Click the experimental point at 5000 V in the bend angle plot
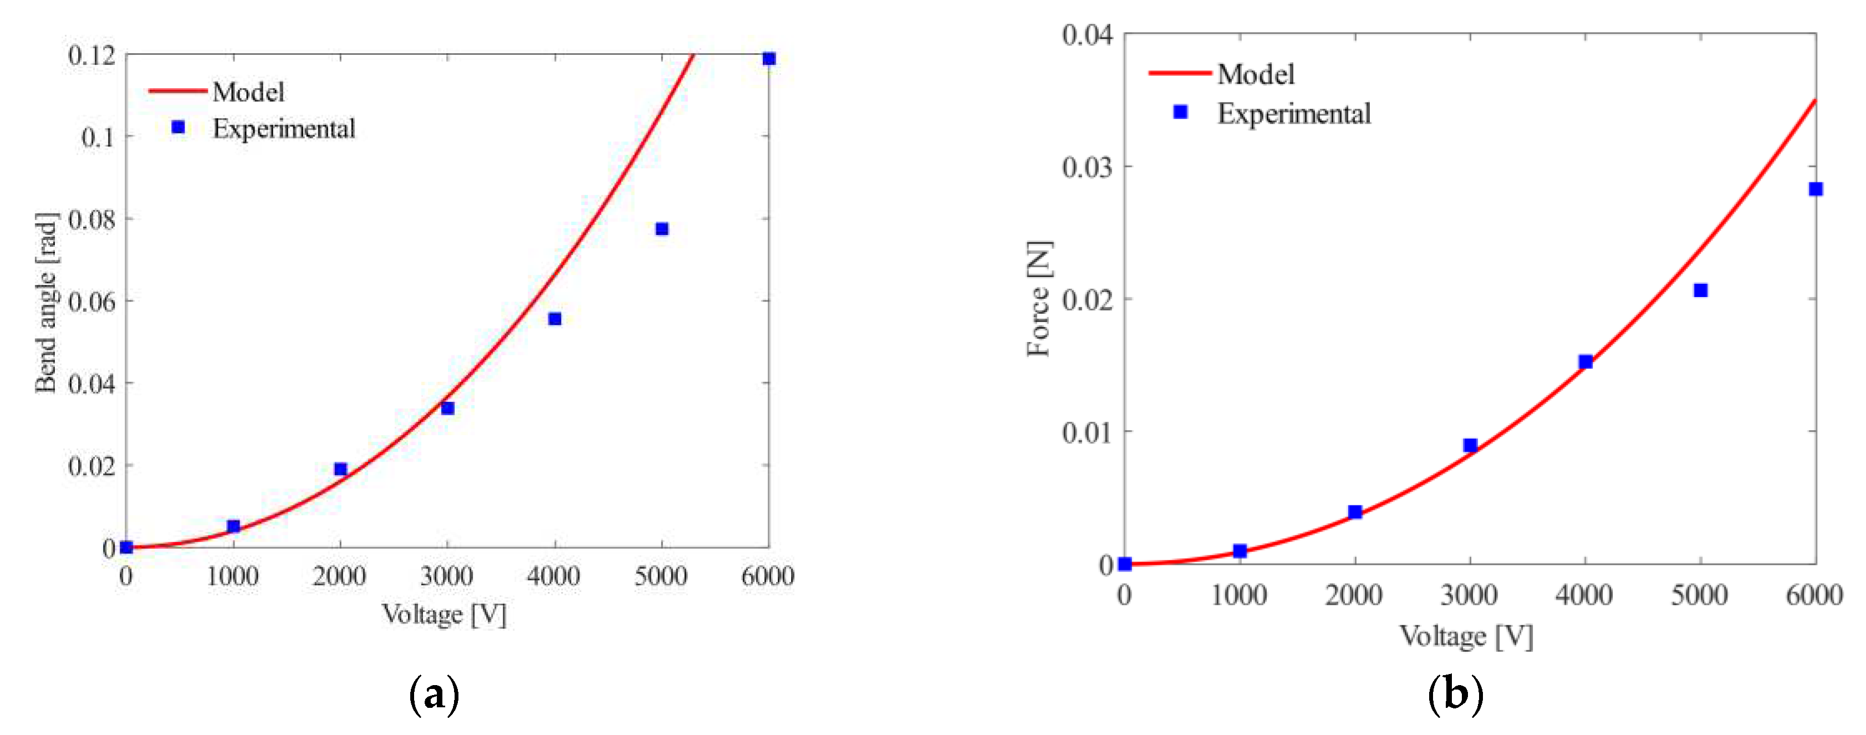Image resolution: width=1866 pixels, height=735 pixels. (x=661, y=229)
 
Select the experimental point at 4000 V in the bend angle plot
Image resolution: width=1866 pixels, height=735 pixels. (x=555, y=319)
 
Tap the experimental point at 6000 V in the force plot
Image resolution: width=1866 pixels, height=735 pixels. (x=1816, y=189)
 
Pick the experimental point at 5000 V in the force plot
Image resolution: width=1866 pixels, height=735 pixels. (x=1700, y=290)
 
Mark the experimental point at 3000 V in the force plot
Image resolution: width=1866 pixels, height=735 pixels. (x=1470, y=445)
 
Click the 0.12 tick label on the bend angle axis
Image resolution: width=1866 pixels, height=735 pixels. (x=92, y=55)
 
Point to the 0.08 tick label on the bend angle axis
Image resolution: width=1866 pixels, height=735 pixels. (x=92, y=219)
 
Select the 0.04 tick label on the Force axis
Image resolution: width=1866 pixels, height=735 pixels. (x=1087, y=34)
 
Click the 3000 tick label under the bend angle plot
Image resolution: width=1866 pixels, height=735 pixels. (x=447, y=576)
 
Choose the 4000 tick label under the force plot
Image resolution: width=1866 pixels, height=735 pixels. (x=1584, y=595)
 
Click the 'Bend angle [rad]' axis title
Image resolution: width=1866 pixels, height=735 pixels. (x=45, y=303)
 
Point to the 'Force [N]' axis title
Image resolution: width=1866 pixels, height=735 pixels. (x=1039, y=298)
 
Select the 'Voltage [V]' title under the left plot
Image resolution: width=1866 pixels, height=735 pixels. (x=444, y=615)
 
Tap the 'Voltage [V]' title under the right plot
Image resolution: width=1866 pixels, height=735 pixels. (x=1466, y=636)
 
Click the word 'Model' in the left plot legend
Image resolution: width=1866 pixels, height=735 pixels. (x=248, y=92)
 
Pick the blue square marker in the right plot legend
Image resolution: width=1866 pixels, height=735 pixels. (x=1180, y=112)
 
